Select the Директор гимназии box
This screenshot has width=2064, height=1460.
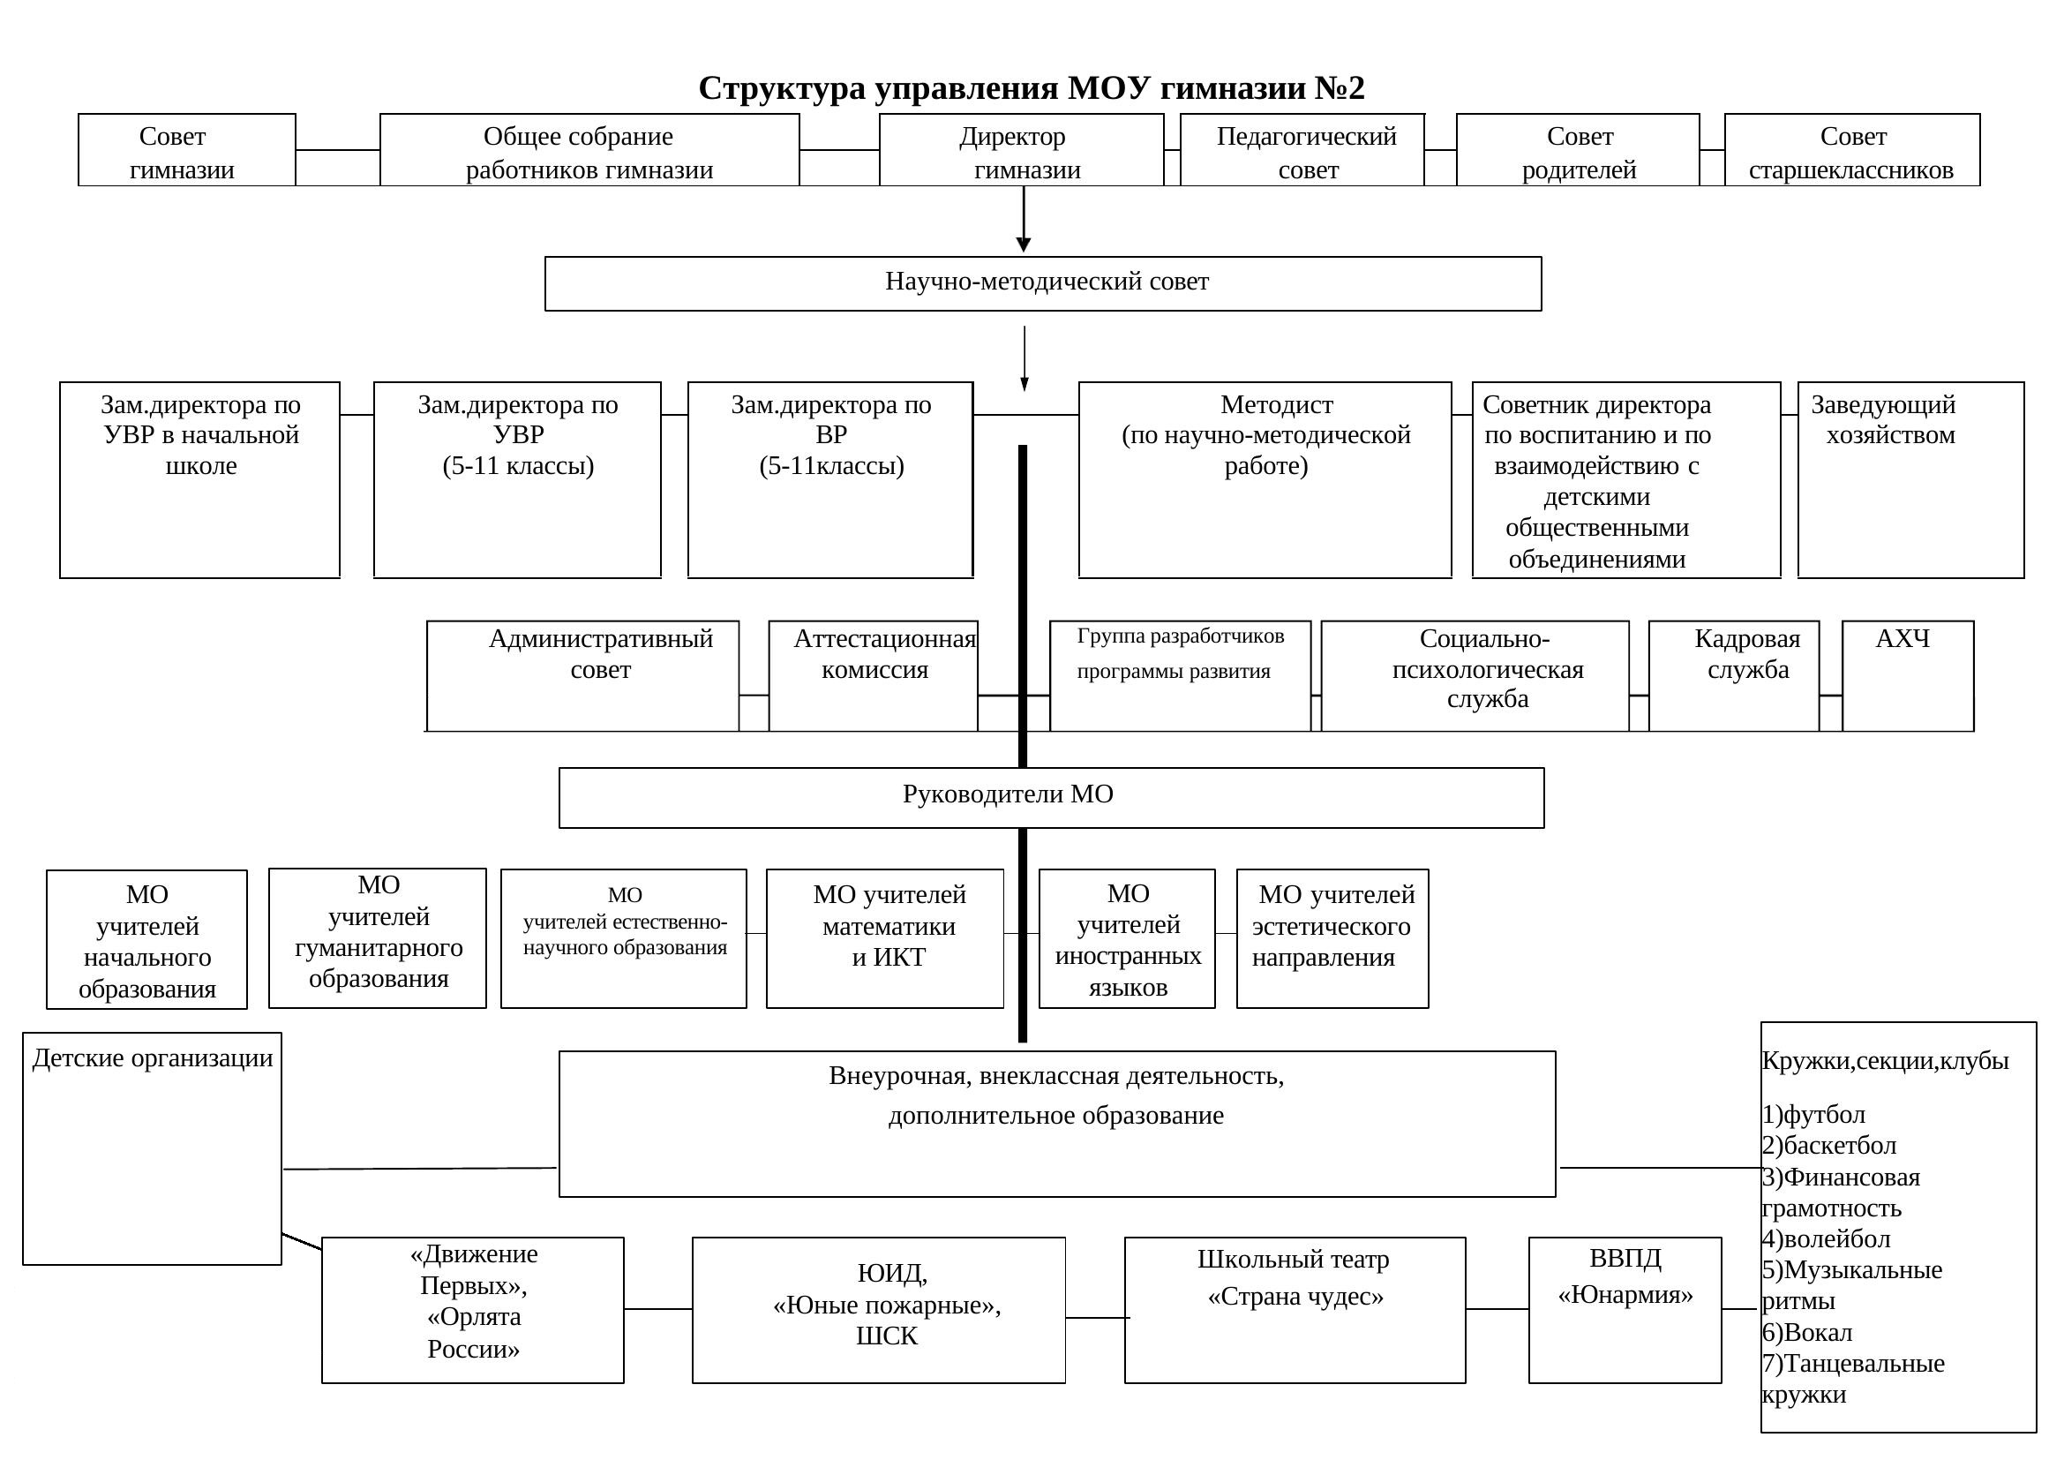pos(1021,150)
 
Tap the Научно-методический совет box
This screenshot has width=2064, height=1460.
pos(1043,284)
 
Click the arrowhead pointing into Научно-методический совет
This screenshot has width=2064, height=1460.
pos(1023,245)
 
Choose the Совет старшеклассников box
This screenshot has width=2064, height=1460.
pos(1852,150)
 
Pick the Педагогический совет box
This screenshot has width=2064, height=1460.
pos(1302,150)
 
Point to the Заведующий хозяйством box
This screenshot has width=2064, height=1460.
pos(1911,480)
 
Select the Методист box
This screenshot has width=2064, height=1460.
pos(1265,480)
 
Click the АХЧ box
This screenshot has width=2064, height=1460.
pos(1909,676)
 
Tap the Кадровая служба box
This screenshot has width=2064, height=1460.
pos(1734,676)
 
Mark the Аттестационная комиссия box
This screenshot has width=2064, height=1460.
pos(873,676)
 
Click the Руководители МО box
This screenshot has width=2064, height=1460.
pos(1052,797)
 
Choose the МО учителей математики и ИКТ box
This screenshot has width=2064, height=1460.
pos(884,938)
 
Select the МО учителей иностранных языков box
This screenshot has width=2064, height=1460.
pos(1127,938)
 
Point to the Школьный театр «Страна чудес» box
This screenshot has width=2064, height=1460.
pos(1295,1310)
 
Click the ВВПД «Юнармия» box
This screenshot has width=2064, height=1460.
pos(1625,1310)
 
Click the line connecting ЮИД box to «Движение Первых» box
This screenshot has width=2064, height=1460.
pos(658,1309)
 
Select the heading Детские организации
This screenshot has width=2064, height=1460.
pos(153,1058)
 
